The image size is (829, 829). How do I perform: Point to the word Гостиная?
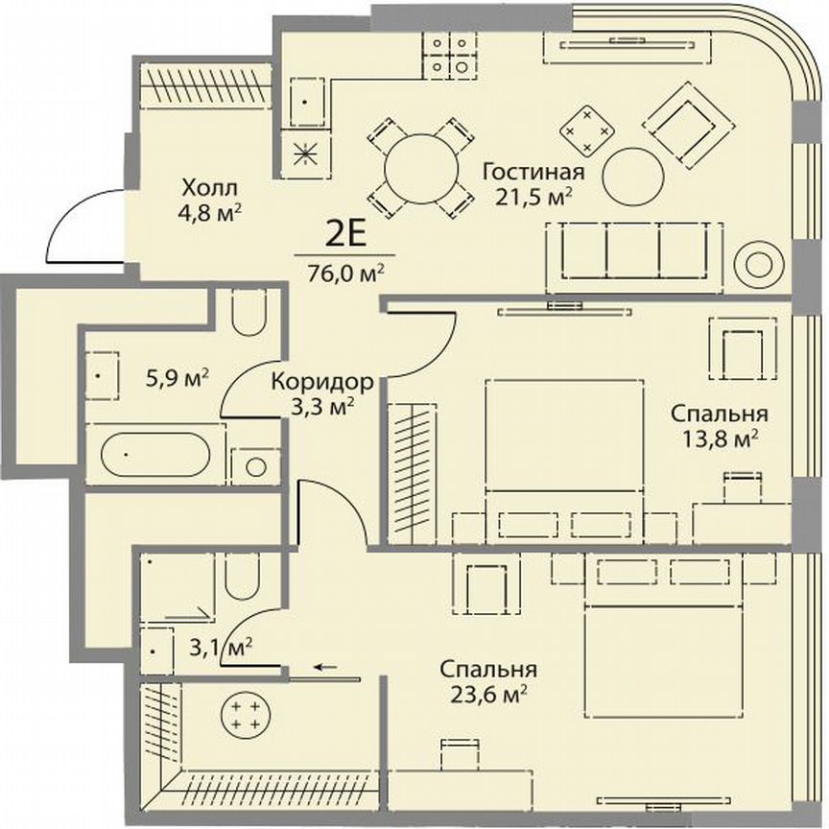pos(533,173)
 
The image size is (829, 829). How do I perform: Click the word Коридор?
pos(322,381)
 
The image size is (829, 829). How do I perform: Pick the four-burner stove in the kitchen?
pos(451,56)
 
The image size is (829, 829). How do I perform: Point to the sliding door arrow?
pos(327,668)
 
